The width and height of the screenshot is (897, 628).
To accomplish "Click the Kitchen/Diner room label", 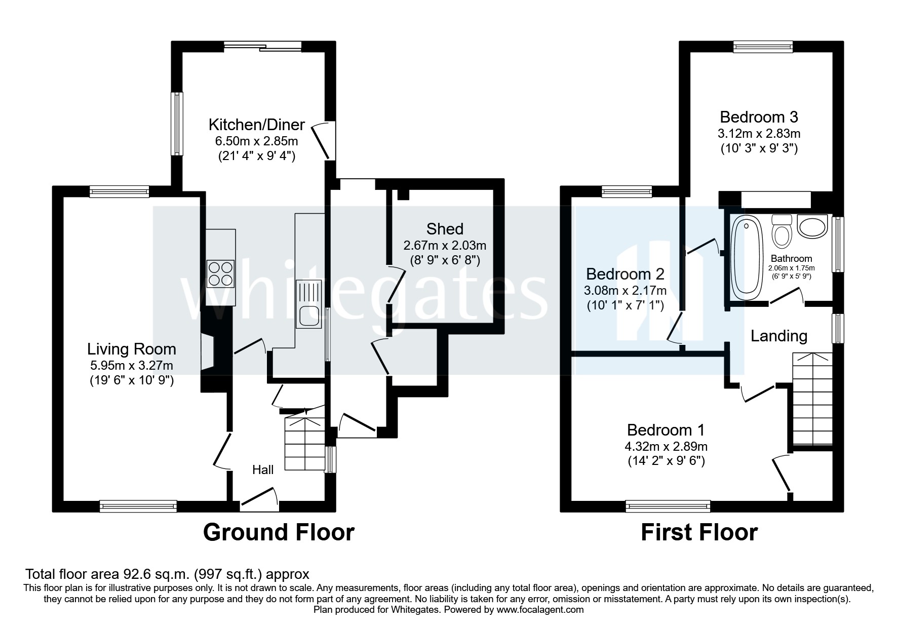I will [x=257, y=125].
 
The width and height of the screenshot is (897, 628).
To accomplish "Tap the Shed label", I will [x=445, y=229].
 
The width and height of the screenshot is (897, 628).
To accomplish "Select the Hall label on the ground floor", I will [x=263, y=470].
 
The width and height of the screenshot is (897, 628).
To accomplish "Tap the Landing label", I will [x=778, y=336].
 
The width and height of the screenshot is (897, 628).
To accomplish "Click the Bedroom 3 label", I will [x=759, y=117].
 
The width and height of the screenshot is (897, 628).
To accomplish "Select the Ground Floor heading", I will [x=279, y=532].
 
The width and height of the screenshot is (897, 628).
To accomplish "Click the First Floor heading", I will [x=699, y=532].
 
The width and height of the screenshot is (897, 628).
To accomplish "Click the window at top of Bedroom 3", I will [x=763, y=47].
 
